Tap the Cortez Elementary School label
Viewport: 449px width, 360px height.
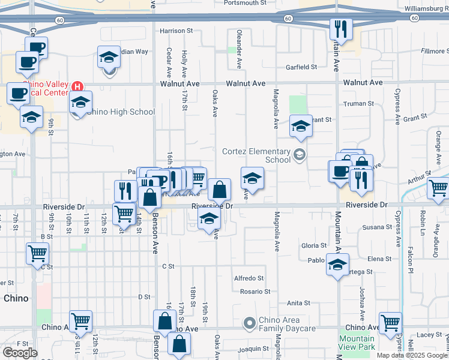point(256,155)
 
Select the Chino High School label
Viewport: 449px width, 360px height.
point(121,112)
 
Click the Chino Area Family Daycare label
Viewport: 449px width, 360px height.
point(287,324)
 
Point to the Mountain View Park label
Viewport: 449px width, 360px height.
point(356,343)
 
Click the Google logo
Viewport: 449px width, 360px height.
point(20,352)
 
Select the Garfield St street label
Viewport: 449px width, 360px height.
point(301,67)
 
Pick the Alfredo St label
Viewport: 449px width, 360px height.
point(249,278)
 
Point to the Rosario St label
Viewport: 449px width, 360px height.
point(255,292)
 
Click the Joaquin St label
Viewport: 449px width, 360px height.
point(253,348)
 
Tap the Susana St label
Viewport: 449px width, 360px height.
point(377,227)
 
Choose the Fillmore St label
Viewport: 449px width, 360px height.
point(435,51)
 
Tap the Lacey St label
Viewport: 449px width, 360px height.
point(430,334)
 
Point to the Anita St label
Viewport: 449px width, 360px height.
point(298,303)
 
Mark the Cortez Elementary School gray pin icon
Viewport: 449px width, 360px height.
point(299,156)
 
